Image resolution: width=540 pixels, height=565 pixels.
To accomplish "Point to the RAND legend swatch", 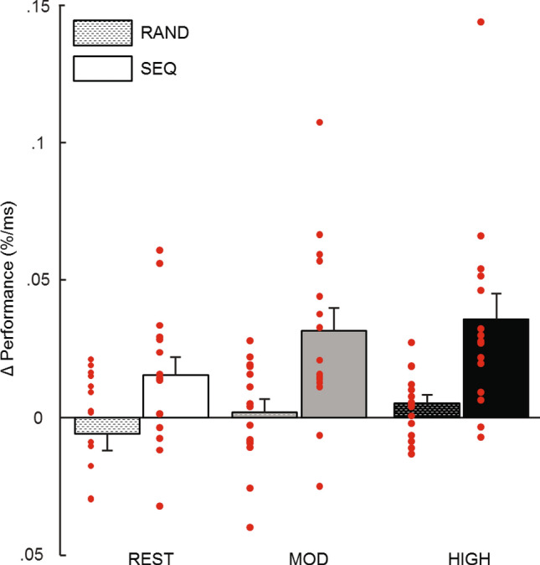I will click(x=103, y=33).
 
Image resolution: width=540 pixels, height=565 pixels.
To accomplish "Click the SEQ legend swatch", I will click(x=103, y=69).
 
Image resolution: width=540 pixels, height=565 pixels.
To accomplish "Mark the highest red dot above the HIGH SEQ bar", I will click(x=481, y=22).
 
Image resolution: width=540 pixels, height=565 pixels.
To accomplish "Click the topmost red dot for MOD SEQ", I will click(x=319, y=122).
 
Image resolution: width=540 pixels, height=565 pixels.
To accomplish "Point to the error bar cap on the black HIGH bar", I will click(x=496, y=293).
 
